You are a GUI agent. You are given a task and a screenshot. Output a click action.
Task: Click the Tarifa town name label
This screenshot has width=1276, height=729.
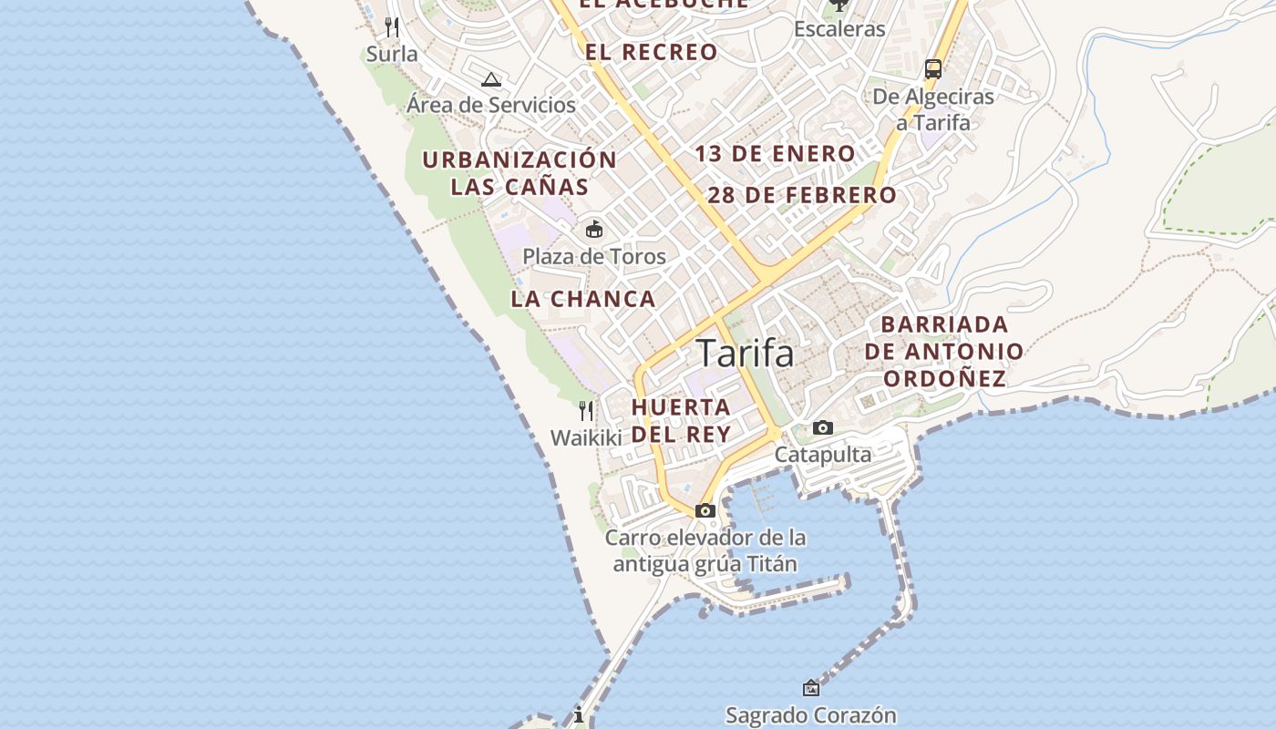coord(745,354)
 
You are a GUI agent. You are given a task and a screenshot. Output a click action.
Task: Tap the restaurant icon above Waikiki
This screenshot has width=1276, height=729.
coord(586,411)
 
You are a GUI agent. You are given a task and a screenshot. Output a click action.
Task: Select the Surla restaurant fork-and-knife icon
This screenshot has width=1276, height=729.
coord(392,26)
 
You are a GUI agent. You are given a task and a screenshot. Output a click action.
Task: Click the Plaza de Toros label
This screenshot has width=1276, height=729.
coord(594,257)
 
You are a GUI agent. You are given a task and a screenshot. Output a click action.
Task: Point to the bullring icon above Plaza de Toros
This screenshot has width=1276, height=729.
coord(594,228)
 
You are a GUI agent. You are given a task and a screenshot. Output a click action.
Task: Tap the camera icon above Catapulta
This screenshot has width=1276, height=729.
coord(822,427)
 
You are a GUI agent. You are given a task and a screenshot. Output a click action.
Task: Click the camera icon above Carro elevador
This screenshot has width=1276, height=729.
coord(705,510)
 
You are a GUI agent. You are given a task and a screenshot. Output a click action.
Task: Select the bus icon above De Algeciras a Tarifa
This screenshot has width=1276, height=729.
coord(932,69)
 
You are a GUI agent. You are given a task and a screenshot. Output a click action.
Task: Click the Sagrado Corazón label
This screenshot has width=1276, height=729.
coord(811,715)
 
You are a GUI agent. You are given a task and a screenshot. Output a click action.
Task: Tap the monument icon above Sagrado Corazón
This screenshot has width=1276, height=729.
coord(810,687)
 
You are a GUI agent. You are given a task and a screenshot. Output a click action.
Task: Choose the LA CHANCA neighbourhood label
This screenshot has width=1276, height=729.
coord(583,299)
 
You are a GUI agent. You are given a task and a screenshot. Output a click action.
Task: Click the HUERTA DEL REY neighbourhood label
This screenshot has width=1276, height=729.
coord(681,420)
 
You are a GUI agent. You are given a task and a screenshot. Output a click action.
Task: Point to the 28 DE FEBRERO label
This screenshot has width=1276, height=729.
coord(802,195)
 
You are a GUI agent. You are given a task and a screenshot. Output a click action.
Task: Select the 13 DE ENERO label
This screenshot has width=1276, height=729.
coord(775,154)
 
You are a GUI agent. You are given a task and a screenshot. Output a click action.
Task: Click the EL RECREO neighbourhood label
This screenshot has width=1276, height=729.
coord(651,52)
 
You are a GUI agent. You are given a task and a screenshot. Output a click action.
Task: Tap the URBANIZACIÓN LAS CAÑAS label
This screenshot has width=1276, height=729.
coord(520,173)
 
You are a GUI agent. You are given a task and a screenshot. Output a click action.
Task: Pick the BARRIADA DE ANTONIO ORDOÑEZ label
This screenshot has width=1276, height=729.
coord(944,351)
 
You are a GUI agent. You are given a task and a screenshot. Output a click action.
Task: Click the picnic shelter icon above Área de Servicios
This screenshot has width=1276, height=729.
coord(491,79)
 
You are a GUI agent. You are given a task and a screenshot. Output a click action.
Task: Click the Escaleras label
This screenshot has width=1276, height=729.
coord(839,29)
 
